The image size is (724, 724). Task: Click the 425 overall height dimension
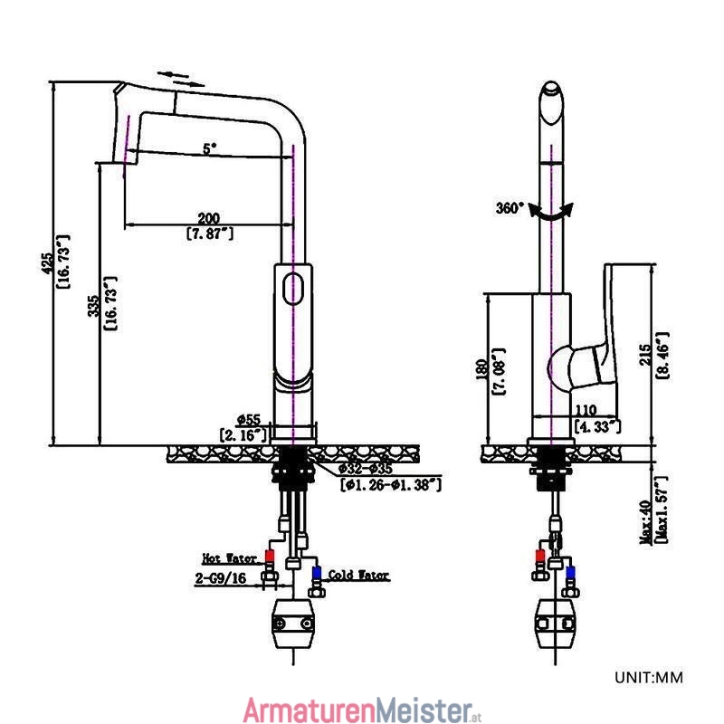click(48, 263)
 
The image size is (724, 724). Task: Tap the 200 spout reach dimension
click(209, 218)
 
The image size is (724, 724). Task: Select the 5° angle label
click(210, 148)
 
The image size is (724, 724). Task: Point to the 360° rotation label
click(510, 208)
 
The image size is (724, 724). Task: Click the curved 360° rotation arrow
click(551, 214)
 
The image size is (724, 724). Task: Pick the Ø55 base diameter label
click(249, 420)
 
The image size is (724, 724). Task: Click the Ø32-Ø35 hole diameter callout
click(366, 469)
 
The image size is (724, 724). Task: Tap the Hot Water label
click(230, 558)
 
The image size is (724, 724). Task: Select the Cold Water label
click(358, 575)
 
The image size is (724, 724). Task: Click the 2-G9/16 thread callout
click(221, 578)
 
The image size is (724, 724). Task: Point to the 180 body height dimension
click(481, 370)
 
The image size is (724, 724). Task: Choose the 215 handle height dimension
click(645, 354)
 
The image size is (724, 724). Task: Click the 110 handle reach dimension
click(586, 410)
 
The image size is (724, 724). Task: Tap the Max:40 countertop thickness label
click(646, 522)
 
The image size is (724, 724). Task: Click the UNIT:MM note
click(649, 677)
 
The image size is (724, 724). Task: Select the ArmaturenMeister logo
click(363, 710)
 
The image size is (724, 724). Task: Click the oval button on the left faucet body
click(292, 289)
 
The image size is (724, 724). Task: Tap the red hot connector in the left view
click(270, 556)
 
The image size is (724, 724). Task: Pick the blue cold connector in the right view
click(571, 572)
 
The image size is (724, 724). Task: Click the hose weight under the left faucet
click(293, 624)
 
